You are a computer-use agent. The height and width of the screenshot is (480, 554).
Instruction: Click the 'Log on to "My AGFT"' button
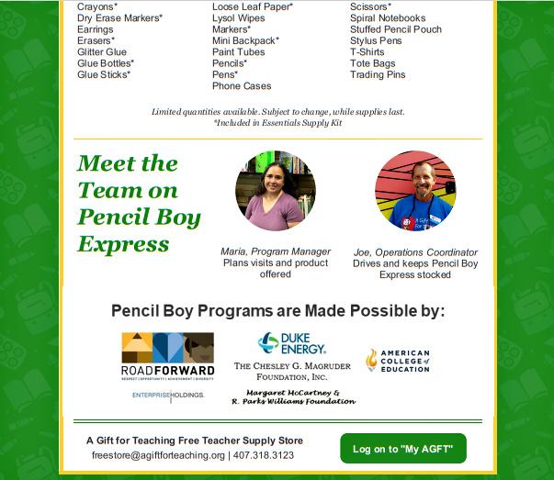coord(402,448)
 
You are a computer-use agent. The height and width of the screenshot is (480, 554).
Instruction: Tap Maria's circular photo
coord(275,191)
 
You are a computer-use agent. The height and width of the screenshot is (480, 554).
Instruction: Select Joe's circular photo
coord(415,191)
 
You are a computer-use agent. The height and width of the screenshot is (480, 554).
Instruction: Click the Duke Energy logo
coord(292,344)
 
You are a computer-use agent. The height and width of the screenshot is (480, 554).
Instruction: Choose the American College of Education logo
coord(397,360)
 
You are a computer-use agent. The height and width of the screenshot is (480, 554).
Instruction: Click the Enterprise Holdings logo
coord(167,396)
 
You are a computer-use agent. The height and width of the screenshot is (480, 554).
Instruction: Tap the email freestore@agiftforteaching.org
coord(158,455)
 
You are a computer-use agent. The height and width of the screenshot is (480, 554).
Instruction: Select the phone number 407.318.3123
coord(264,455)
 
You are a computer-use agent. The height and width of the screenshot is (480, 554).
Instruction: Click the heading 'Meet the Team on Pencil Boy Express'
coord(139,203)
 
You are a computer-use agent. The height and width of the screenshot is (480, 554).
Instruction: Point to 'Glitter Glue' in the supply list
coord(102,52)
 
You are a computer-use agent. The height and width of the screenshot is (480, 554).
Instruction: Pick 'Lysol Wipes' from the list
coord(238,18)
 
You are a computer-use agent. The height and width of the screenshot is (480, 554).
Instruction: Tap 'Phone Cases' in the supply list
coord(242,86)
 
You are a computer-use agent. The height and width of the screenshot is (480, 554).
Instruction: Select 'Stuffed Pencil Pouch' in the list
coord(395,29)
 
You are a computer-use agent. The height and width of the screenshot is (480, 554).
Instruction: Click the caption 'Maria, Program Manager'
coord(275,251)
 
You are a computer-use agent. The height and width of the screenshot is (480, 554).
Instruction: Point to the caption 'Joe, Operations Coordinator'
coord(415,252)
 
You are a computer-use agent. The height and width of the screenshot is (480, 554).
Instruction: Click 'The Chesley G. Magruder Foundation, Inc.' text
coord(293,371)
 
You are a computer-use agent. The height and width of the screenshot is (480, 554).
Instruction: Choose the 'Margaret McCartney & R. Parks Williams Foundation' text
coord(293,396)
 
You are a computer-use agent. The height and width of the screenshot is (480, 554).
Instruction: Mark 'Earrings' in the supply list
coord(96,29)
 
